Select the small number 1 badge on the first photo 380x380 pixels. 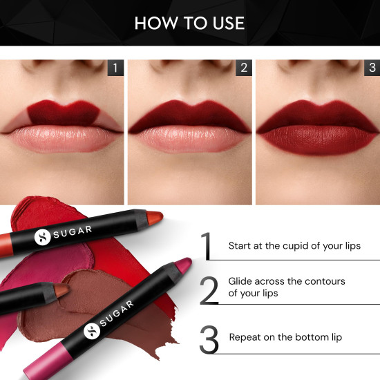coord(115,68)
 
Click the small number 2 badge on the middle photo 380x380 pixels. coord(243,68)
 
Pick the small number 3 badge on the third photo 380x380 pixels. coord(371,68)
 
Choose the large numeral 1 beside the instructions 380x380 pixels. coord(207,246)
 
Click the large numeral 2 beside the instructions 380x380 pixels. coord(209,291)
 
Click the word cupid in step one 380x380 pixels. coord(299,245)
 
